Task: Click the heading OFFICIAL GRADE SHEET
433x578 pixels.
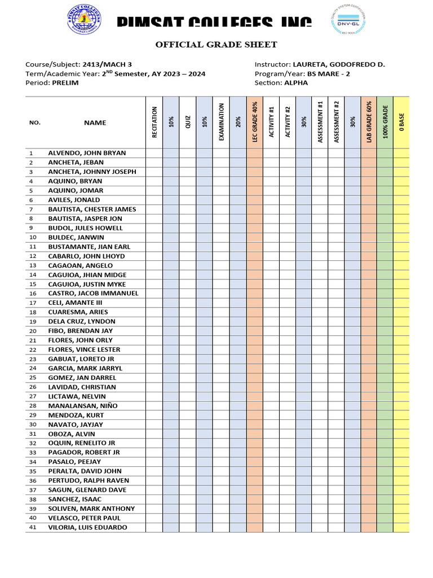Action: point(216,45)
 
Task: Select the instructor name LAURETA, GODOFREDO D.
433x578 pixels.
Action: point(339,64)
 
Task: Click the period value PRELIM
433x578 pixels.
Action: point(65,82)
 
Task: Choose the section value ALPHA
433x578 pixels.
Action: point(296,82)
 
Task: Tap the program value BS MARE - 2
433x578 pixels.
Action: point(325,73)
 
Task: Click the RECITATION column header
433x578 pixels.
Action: point(154,122)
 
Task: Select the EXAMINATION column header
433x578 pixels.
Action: point(221,122)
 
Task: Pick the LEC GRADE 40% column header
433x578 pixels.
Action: point(254,122)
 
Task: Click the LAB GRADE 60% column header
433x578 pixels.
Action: point(369,122)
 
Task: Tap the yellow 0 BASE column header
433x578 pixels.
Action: point(401,122)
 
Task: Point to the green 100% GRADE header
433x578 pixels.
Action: point(385,122)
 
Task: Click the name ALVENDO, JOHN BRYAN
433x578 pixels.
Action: point(87,153)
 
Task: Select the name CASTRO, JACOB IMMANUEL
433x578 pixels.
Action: point(93,294)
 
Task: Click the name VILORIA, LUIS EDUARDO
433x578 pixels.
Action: point(87,527)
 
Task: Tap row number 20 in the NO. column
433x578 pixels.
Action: point(33,331)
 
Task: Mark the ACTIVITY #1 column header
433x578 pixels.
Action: point(271,122)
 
